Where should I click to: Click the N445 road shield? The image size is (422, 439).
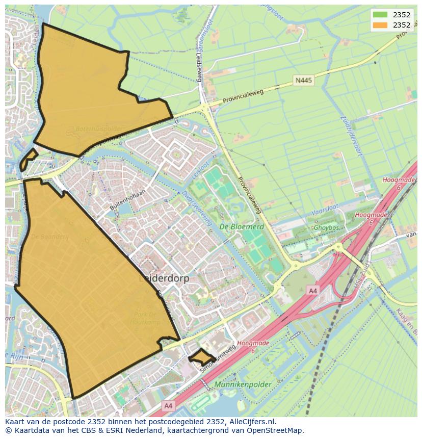[303, 81]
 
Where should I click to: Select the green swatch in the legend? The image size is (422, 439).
[380, 15]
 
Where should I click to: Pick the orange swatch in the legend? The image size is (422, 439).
[380, 25]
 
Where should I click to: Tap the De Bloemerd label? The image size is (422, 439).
[242, 226]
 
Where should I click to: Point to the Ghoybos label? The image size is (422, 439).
[327, 228]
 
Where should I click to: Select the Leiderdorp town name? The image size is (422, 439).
[164, 279]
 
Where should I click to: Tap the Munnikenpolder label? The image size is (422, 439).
[243, 384]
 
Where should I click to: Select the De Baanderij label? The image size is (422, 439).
[49, 237]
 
